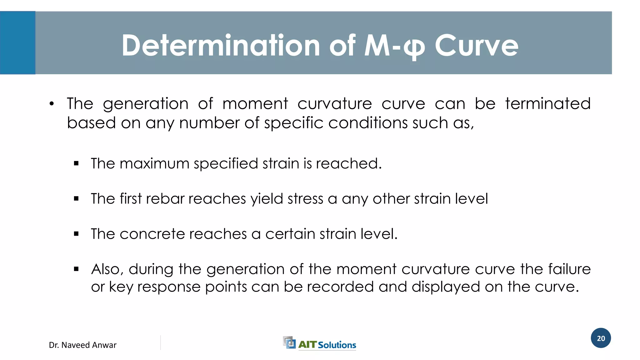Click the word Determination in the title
pos(221,46)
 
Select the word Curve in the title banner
pos(476,46)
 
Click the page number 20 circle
pos(601,338)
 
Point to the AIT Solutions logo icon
pos(289,342)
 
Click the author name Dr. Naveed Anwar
pos(82,345)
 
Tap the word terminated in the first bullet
pos(548,104)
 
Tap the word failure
pos(569,269)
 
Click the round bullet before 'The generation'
pos(52,104)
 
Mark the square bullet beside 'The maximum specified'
pos(76,163)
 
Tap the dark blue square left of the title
pos(17,43)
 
